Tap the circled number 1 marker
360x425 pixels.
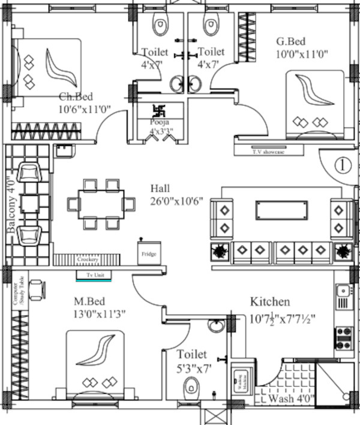(341, 164)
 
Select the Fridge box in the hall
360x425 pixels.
(149, 253)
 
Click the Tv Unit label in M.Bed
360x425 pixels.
(91, 275)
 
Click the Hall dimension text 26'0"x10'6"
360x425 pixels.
(181, 201)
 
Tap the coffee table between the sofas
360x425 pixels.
(281, 210)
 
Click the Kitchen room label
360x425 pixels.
(270, 301)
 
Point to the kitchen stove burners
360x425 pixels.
(344, 338)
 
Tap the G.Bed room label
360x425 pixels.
(291, 41)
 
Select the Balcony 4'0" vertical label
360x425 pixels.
(10, 204)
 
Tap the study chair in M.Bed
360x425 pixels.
(36, 290)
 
